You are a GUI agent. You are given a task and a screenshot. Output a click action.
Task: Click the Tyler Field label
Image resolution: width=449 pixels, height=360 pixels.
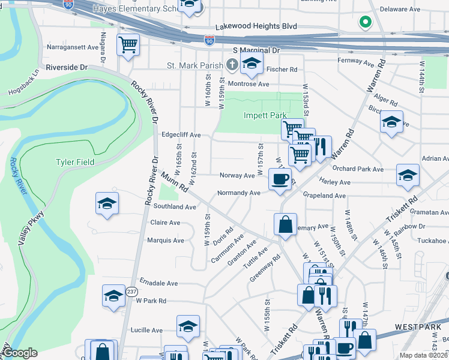[74, 163]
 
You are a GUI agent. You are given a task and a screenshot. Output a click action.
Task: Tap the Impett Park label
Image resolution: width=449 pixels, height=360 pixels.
[265, 115]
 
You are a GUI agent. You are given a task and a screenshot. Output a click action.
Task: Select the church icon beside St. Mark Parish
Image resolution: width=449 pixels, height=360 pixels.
[232, 64]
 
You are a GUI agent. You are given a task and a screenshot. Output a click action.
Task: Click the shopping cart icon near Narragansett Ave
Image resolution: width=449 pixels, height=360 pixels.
[128, 44]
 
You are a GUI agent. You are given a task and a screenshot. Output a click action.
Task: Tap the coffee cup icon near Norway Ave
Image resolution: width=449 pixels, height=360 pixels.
[279, 179]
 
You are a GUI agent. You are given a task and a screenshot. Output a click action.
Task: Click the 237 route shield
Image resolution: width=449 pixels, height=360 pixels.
[131, 291]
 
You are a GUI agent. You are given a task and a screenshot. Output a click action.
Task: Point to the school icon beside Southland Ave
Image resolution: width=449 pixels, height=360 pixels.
[107, 203]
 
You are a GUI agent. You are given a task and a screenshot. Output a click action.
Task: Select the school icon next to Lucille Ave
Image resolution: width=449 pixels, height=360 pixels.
[188, 327]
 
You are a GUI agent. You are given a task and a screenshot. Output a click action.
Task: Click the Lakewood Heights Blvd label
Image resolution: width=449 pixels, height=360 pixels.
[256, 26]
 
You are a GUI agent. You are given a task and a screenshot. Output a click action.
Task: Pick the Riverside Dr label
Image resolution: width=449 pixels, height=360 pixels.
[66, 67]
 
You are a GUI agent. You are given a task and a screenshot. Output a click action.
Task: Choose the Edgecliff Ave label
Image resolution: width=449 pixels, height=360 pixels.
[181, 136]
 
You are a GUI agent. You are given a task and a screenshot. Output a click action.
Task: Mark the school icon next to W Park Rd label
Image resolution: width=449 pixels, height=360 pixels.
[113, 296]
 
